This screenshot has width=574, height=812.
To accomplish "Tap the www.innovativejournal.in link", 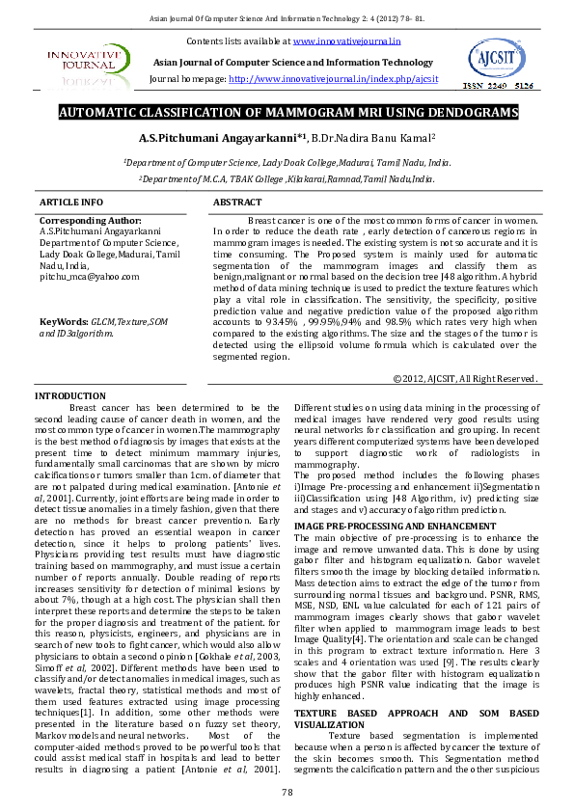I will tap(346, 41).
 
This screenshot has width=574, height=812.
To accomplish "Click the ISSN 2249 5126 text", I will tap(498, 87).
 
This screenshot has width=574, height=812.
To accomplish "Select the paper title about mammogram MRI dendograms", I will tap(287, 114).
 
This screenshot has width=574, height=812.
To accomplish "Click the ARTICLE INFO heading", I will tap(70, 203).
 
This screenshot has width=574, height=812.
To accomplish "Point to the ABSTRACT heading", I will tap(236, 203).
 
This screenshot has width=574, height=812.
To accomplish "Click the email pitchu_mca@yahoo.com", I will tap(89, 276).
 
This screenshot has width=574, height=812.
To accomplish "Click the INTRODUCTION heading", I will tap(69, 396).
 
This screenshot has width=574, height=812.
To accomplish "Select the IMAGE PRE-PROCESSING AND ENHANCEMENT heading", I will tap(381, 525).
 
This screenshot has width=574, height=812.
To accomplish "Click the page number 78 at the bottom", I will tap(287, 792).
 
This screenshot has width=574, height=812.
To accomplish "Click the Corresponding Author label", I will tap(83, 221).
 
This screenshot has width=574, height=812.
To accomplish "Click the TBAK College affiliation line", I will tap(287, 179).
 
